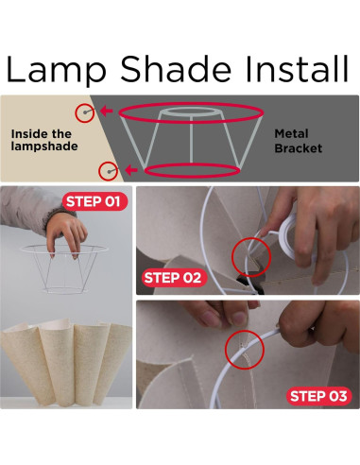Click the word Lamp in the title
tap(56, 69)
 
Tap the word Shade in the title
tap(176, 69)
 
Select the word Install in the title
tap(297, 69)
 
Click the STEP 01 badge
tap(94, 201)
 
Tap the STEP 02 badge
tap(173, 278)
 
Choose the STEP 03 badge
tap(318, 396)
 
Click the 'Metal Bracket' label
tap(298, 141)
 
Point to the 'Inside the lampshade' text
tap(44, 140)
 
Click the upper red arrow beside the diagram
tap(107, 111)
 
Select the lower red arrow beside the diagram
tap(131, 170)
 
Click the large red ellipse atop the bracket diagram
tap(191, 103)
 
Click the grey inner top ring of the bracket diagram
tap(191, 109)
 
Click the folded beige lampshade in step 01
tap(65, 362)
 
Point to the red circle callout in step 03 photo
tap(245, 331)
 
